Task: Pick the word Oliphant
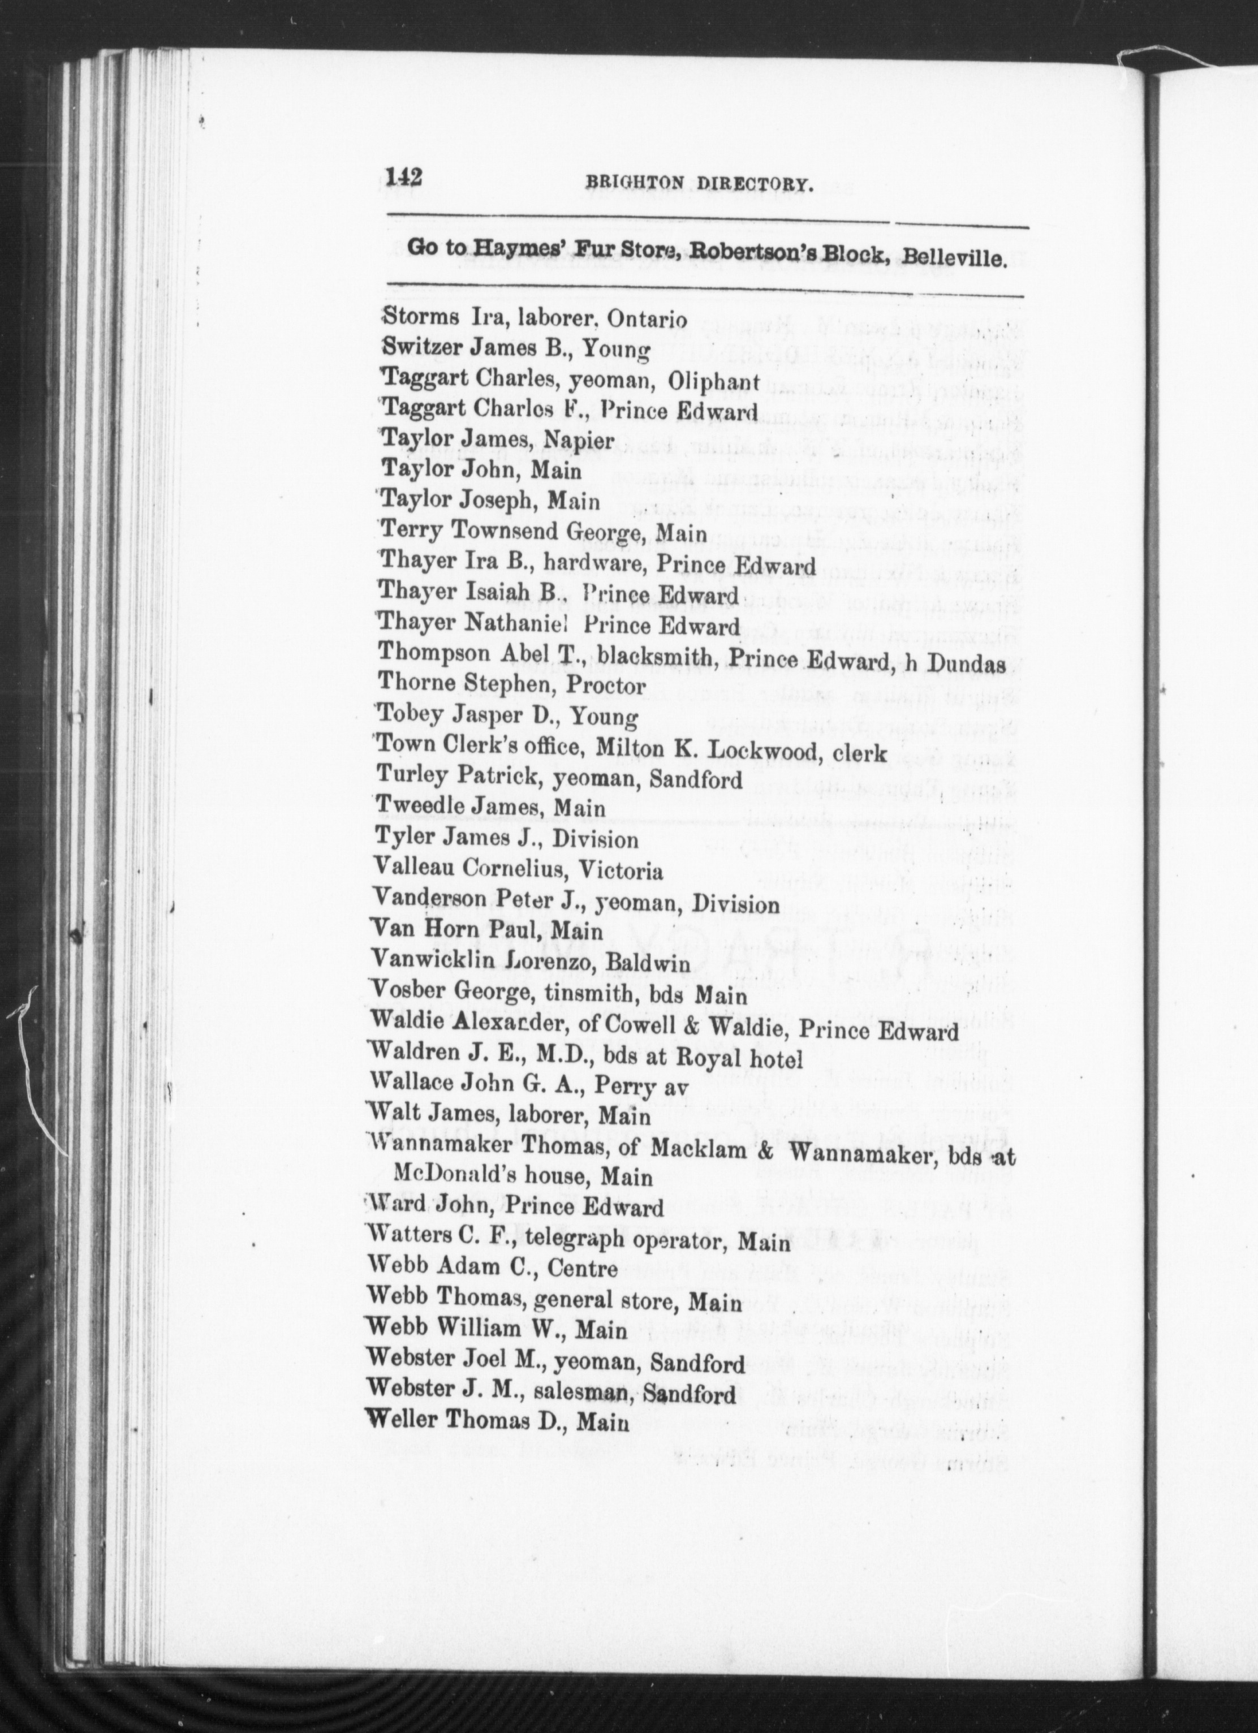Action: coord(713,381)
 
